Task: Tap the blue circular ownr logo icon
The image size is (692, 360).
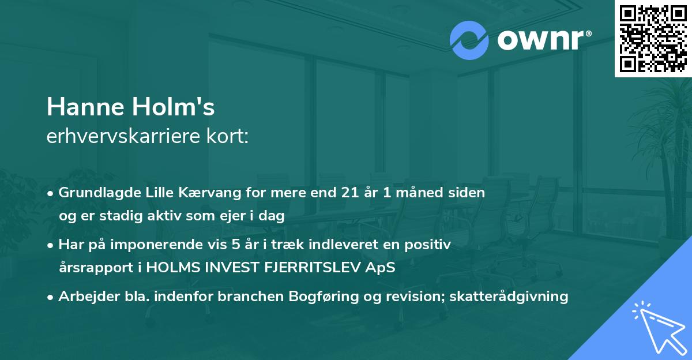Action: click(469, 40)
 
